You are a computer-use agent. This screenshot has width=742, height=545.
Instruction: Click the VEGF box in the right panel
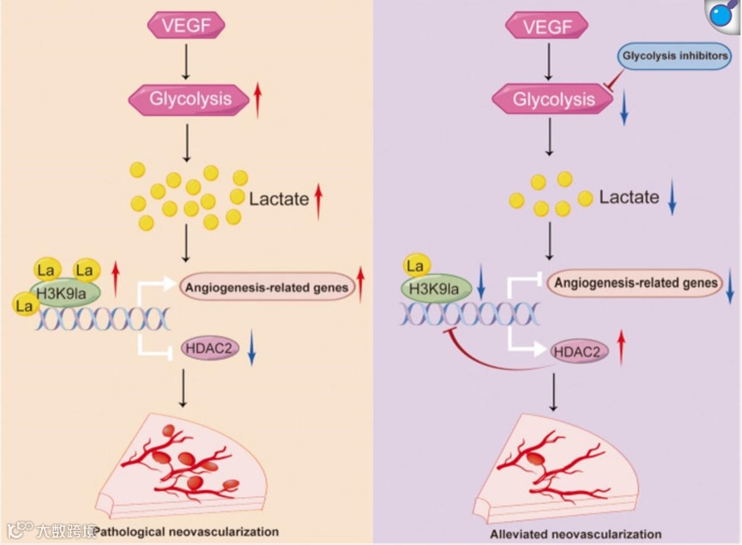coord(548,26)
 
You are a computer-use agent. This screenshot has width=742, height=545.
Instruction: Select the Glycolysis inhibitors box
coord(676,58)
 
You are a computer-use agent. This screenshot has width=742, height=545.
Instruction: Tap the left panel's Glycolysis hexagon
coord(190,99)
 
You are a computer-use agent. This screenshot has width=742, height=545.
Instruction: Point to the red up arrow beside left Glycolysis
coord(257,99)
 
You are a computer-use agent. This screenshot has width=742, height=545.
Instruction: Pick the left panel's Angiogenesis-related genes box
coord(267,288)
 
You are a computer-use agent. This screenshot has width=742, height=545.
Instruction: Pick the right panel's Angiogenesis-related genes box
coord(634,282)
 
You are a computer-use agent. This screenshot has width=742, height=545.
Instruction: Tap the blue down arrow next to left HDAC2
coord(251,350)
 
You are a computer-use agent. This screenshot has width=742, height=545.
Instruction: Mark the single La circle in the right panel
coord(419,265)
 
